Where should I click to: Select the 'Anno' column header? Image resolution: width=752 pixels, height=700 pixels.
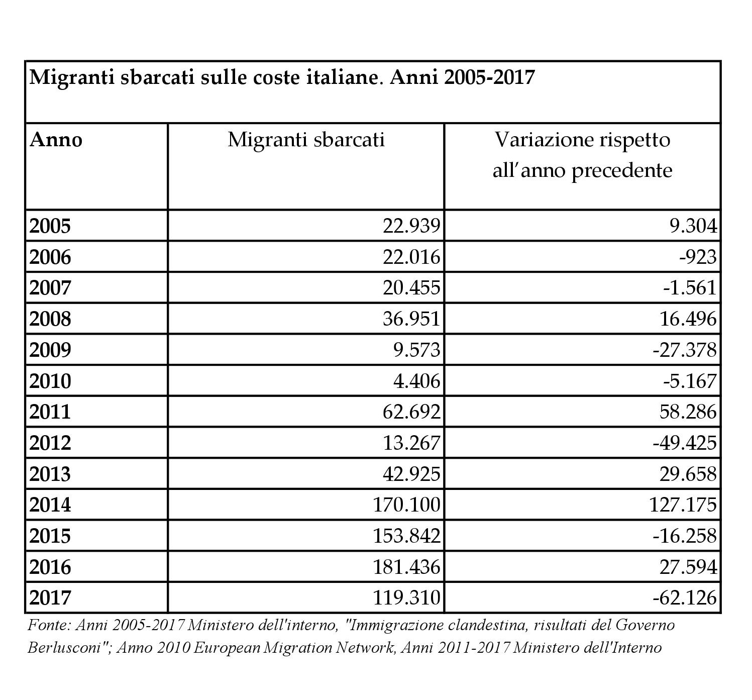(x=56, y=140)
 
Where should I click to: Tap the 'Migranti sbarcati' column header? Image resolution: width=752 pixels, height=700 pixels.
(x=306, y=140)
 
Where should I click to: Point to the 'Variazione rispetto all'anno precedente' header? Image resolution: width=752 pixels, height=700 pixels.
(x=582, y=155)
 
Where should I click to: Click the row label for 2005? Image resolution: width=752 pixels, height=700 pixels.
(x=50, y=226)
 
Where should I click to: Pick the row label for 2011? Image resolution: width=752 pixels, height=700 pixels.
(x=50, y=412)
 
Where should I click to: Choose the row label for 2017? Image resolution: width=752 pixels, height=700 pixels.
(x=50, y=598)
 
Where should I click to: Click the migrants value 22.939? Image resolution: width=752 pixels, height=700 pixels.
(x=411, y=226)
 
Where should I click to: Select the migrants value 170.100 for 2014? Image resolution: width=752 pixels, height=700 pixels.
(x=407, y=505)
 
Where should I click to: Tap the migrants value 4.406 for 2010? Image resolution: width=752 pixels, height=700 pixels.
(x=417, y=381)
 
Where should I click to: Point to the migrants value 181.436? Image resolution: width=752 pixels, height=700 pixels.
(x=407, y=567)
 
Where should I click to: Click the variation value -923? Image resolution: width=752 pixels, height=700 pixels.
(x=698, y=257)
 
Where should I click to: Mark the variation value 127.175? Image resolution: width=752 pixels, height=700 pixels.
(x=683, y=505)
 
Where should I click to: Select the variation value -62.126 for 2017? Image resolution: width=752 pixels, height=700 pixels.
(x=685, y=598)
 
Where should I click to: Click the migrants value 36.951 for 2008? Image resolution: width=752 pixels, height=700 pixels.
(x=411, y=319)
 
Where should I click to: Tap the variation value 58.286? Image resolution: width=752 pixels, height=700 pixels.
(x=688, y=412)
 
